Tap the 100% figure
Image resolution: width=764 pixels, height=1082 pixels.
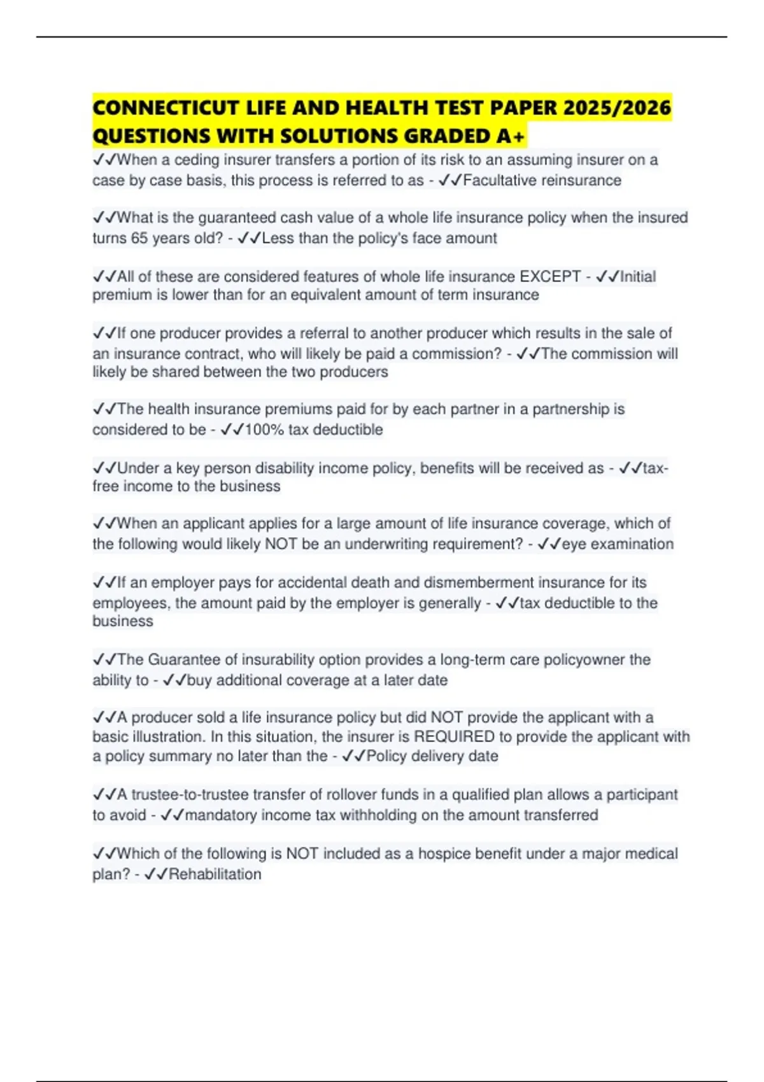click(264, 430)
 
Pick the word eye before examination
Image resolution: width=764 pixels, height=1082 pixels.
click(574, 544)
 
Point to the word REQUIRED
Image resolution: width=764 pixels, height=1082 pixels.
click(454, 736)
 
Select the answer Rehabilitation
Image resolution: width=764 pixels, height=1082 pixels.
click(215, 874)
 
